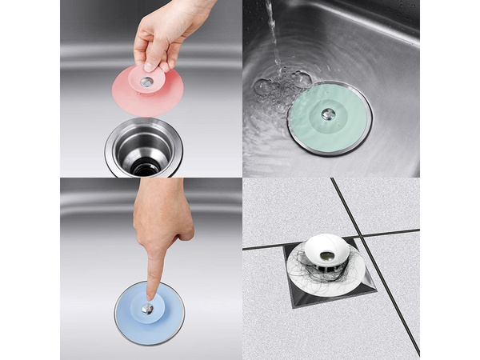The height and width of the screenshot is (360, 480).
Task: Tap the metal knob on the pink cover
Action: [x=146, y=82]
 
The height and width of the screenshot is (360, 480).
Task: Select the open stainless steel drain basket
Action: [x=144, y=148]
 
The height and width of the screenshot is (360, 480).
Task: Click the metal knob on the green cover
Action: [x=328, y=114]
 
